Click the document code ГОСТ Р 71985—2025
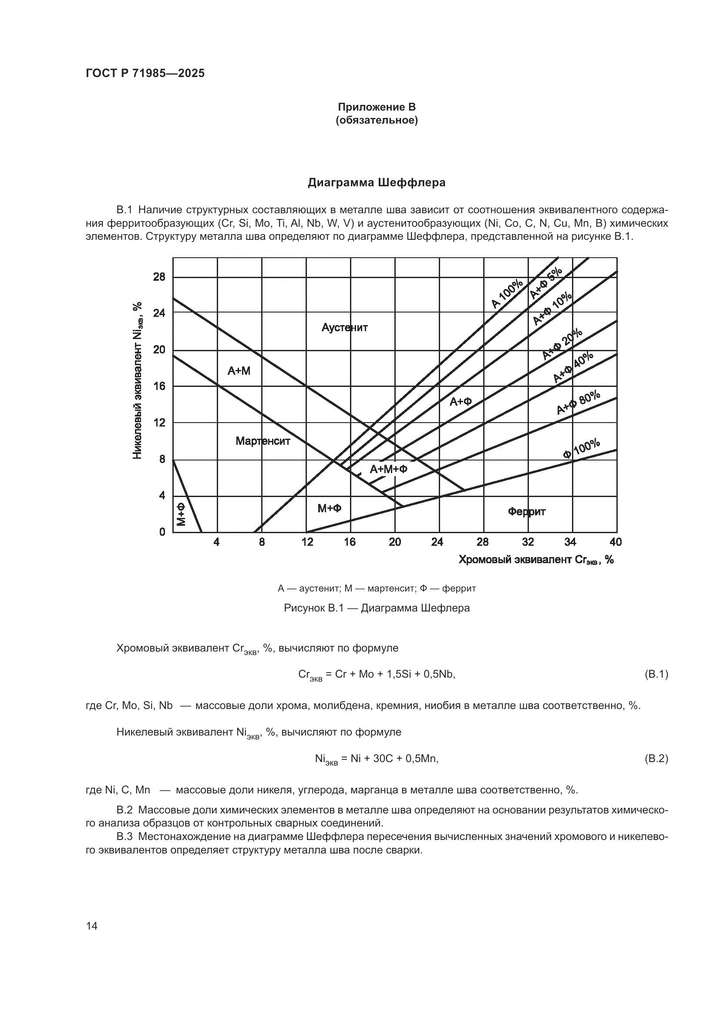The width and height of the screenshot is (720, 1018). click(x=145, y=74)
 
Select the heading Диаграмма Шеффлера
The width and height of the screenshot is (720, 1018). click(x=377, y=183)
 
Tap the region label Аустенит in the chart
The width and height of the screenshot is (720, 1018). click(x=344, y=328)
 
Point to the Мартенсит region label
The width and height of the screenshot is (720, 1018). click(x=262, y=441)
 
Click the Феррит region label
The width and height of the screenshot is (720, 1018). click(x=526, y=512)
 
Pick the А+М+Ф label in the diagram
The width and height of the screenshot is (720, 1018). click(x=388, y=469)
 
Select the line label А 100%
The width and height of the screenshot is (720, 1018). click(x=507, y=294)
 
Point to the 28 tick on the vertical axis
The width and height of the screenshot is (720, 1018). click(x=159, y=277)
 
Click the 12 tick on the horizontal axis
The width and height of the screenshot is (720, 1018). click(x=307, y=542)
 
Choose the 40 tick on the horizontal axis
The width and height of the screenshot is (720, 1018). click(x=616, y=542)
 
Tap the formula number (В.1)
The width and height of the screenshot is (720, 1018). click(x=655, y=674)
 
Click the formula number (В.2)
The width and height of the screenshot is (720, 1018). click(x=655, y=759)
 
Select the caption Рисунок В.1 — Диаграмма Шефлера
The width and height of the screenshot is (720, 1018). click(x=377, y=608)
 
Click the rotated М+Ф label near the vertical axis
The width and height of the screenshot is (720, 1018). click(x=181, y=514)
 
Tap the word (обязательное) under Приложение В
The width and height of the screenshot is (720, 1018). click(x=377, y=120)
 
